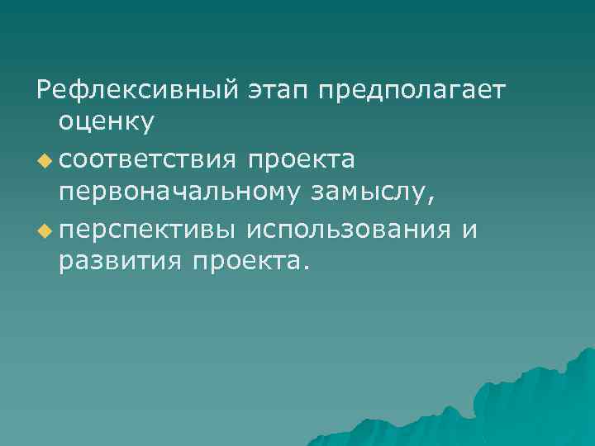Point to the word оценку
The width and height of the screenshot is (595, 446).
(106, 122)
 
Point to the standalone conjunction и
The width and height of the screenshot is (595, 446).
(469, 227)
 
